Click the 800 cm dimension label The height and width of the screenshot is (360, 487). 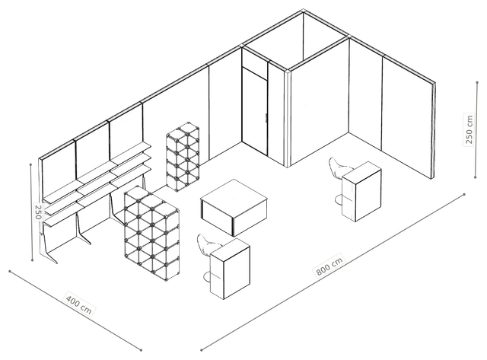(x=329, y=266)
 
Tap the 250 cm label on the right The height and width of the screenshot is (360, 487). (x=469, y=129)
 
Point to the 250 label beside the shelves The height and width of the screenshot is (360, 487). (x=38, y=212)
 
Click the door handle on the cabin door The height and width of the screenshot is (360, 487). (x=266, y=118)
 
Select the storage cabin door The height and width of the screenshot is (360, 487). (x=255, y=112)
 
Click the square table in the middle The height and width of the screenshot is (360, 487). (x=234, y=207)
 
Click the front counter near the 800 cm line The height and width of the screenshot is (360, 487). (x=230, y=269)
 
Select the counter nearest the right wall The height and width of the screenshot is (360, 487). (x=361, y=191)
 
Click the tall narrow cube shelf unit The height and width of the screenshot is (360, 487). (x=183, y=157)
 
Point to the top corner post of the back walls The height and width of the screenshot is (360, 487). (x=303, y=11)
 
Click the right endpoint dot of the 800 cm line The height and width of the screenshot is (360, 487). (x=464, y=194)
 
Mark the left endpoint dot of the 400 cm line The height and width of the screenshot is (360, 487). (x=10, y=271)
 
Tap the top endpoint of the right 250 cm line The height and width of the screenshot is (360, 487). (x=477, y=82)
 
